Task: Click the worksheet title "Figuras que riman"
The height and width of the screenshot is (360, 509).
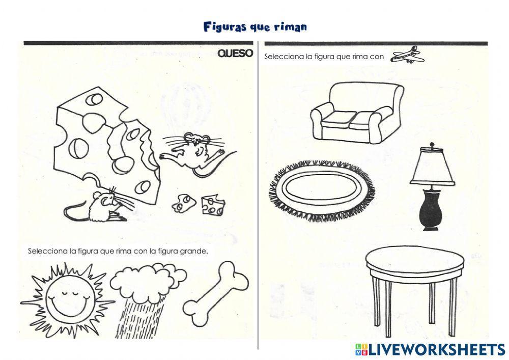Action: [255, 26]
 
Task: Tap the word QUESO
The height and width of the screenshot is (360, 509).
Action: [235, 54]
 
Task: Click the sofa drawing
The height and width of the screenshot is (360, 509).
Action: [356, 113]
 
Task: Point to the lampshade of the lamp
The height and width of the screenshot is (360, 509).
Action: [432, 169]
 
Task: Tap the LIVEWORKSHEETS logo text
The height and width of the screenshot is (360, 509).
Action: [435, 349]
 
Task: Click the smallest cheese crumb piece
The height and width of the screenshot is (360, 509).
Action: [182, 203]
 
